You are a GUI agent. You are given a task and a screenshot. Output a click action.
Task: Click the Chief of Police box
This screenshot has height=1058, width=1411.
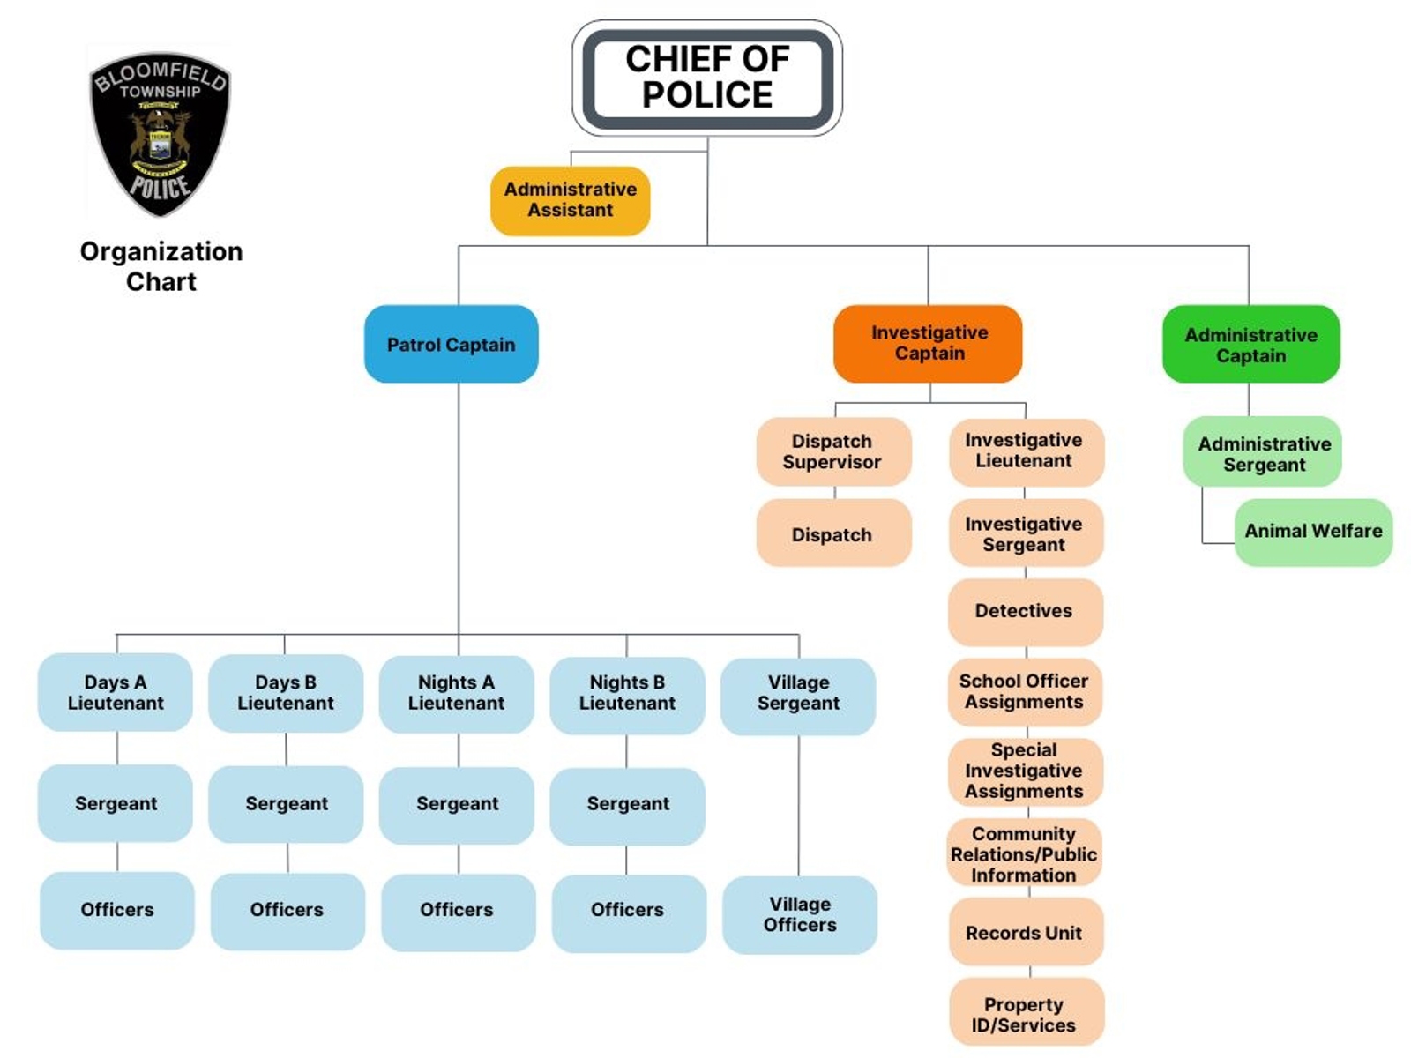pos(707,78)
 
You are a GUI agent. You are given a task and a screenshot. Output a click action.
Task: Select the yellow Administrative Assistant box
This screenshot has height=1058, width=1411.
pos(570,200)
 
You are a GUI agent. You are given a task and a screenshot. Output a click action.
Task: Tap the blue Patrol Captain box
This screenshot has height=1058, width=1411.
pos(451,344)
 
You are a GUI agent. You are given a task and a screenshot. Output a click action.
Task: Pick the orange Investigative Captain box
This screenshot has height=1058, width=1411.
pos(929,343)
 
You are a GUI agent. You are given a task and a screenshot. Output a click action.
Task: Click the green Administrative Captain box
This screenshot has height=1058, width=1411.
pos(1250,345)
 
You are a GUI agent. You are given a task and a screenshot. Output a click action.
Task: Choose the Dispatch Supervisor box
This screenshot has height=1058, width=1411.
pos(832,451)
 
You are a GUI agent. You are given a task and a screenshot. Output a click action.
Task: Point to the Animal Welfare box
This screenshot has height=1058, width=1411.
pos(1313,532)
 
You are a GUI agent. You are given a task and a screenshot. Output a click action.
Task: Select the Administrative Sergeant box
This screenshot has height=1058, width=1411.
pos(1263,453)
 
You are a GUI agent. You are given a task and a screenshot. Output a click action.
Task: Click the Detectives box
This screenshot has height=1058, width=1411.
pos(1024,611)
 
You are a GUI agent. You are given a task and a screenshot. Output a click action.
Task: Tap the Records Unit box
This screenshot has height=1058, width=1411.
pos(1024,933)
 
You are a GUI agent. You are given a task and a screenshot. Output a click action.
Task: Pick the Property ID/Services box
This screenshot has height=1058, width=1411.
pos(1025,1014)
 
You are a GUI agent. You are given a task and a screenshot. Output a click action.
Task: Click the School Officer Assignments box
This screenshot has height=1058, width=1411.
pos(1024,692)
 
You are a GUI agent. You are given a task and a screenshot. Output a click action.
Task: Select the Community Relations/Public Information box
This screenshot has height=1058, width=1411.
pos(1024,853)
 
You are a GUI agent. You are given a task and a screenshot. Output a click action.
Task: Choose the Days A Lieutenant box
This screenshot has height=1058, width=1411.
pos(116,692)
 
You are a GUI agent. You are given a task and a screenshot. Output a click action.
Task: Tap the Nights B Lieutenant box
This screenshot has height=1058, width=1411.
pos(627,693)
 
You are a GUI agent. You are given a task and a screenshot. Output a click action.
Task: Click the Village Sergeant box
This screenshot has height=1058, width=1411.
pos(798,693)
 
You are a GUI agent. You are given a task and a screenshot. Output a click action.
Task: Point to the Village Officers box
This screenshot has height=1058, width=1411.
pos(800,914)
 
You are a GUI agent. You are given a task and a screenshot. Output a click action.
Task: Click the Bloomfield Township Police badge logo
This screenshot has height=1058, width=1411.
pos(160,132)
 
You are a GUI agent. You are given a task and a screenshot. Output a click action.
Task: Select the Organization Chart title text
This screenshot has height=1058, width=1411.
pos(161,266)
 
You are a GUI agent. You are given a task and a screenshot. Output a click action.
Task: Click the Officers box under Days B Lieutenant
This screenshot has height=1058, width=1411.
pos(287,910)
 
